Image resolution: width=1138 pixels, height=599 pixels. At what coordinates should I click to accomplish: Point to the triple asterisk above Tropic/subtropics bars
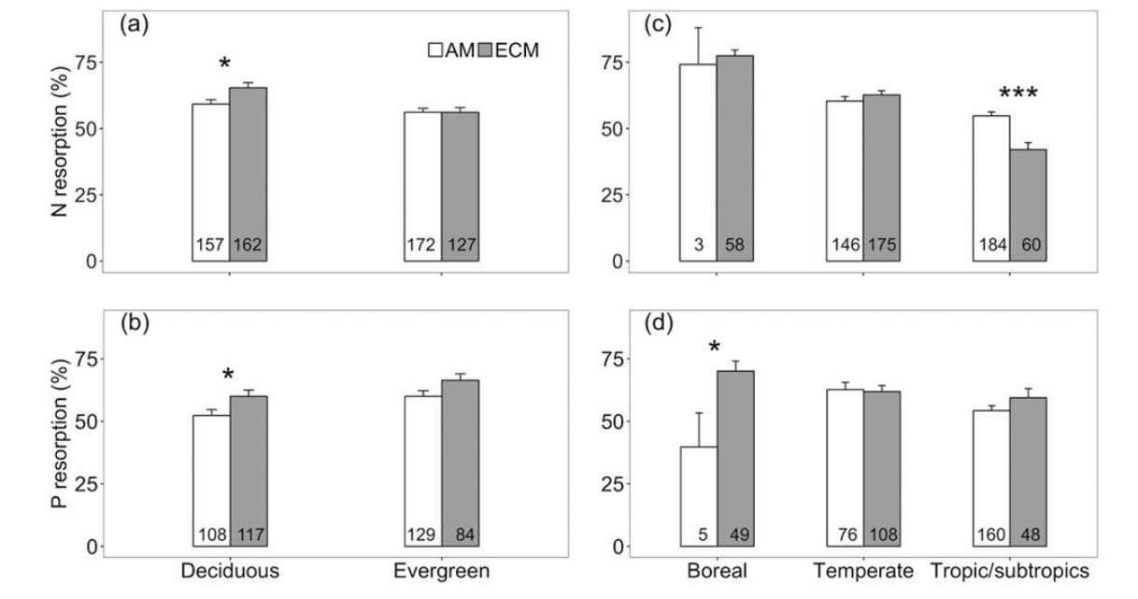click(1018, 94)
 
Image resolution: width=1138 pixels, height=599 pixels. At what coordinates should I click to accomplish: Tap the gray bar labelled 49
click(734, 458)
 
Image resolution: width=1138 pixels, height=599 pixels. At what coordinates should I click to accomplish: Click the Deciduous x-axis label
click(229, 571)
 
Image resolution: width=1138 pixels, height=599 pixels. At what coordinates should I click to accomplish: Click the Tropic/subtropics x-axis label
click(1010, 571)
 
